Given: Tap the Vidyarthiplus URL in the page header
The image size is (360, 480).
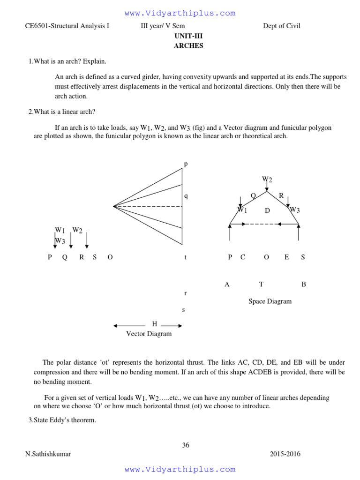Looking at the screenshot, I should (180, 13).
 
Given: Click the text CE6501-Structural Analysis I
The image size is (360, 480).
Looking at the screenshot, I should (67, 26).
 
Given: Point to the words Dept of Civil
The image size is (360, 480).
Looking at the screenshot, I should (282, 26).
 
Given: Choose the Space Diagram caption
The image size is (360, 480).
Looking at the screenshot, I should (270, 301).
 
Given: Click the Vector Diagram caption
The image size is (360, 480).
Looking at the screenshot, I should (149, 334).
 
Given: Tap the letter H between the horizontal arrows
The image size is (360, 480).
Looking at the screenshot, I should (154, 324).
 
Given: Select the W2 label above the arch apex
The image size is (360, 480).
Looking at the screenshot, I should (267, 179).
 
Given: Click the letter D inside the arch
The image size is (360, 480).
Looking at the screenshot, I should (267, 210).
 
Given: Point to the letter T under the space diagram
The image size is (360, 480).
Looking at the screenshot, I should (262, 284).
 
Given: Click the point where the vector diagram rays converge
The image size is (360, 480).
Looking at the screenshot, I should (114, 206).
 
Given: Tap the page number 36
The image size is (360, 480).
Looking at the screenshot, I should (186, 445).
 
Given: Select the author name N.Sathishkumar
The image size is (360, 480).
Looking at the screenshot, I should (48, 454).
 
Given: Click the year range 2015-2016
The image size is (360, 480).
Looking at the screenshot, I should (285, 454).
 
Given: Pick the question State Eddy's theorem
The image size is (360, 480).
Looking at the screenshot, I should (62, 420).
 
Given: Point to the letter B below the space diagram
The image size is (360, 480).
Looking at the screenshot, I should (304, 284).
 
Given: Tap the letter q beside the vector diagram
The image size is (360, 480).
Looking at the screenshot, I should (186, 196).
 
